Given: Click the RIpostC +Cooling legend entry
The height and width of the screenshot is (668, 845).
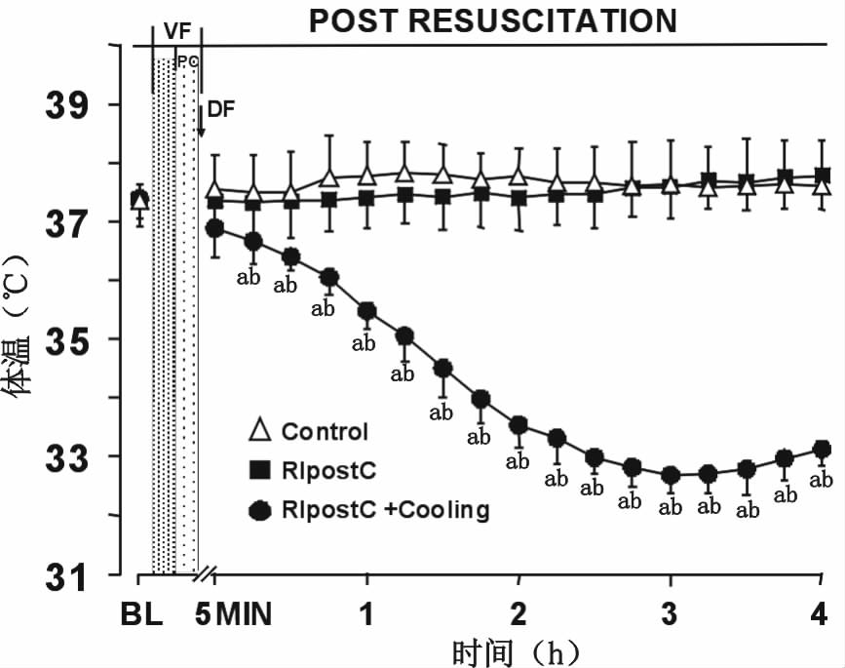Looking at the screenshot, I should (385, 509).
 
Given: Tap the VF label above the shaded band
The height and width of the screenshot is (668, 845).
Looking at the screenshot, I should (176, 31).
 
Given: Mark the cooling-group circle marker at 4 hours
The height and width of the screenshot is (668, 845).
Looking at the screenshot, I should (822, 450).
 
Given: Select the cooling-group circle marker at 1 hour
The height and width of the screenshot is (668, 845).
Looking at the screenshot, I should (366, 312).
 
